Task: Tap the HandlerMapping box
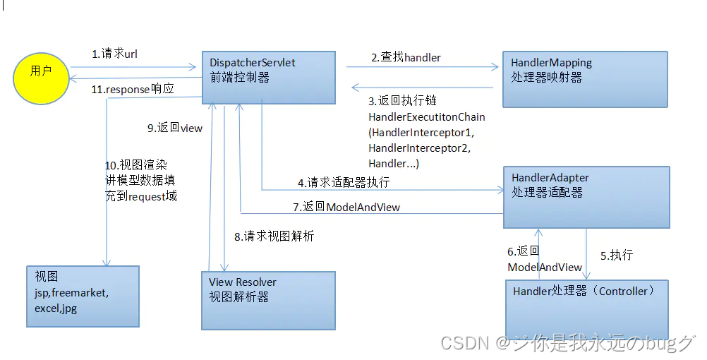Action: (x=585, y=78)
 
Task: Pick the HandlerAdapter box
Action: (x=585, y=196)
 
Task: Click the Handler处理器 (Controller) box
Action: (x=586, y=309)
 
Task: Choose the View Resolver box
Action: (x=268, y=301)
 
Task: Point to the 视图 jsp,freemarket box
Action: (x=83, y=296)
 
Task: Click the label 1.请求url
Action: (x=114, y=54)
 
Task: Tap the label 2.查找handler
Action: (x=406, y=57)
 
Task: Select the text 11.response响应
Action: (x=133, y=90)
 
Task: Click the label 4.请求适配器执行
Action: (x=344, y=182)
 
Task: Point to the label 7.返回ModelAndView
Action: (x=346, y=207)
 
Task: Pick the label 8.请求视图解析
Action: (x=274, y=236)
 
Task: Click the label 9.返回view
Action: (x=175, y=128)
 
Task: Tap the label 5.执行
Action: (x=617, y=256)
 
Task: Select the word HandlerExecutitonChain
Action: (x=427, y=116)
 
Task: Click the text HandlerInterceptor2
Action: (x=419, y=148)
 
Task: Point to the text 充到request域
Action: (x=141, y=196)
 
